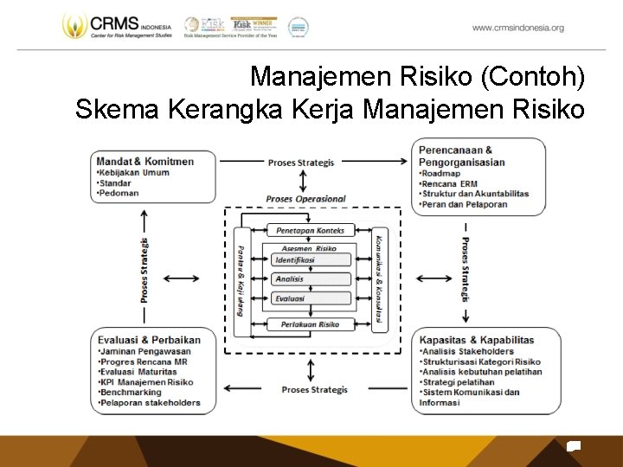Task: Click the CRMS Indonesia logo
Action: [x=117, y=27]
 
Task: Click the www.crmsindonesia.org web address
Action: [x=517, y=28]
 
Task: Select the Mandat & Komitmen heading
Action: [x=145, y=161]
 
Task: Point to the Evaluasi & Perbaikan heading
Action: [x=149, y=340]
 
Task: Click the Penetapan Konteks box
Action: [x=311, y=231]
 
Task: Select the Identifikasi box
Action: [x=295, y=259]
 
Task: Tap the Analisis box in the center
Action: [x=291, y=279]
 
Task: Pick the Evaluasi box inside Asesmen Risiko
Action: [x=291, y=298]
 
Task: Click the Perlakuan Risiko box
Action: [x=311, y=324]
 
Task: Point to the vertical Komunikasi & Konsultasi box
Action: [x=379, y=278]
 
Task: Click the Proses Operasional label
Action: [x=305, y=199]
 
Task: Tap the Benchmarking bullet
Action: [x=130, y=392]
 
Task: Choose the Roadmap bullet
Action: [x=441, y=173]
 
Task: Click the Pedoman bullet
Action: [x=119, y=193]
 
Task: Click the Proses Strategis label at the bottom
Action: [x=314, y=390]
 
